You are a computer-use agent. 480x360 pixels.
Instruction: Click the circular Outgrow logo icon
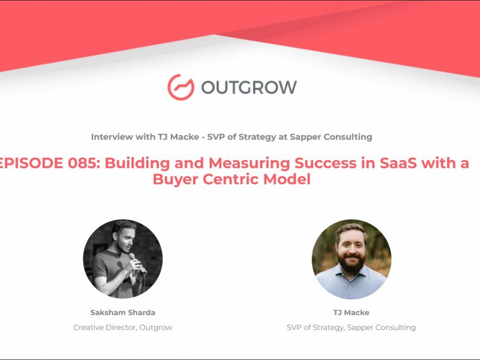coord(181,87)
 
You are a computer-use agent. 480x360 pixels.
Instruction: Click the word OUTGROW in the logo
coord(249,87)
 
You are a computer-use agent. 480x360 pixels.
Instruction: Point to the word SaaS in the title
coord(398,163)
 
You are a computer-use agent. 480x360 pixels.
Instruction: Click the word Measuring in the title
coord(249,164)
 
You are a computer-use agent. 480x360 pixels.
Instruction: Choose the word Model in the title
coord(287,179)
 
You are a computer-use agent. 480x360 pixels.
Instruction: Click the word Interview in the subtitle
coord(112,137)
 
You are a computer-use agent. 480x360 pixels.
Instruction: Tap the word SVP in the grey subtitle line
coord(216,137)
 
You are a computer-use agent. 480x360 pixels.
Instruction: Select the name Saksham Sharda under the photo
coord(123,313)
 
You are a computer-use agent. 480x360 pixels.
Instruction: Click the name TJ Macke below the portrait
coord(351,313)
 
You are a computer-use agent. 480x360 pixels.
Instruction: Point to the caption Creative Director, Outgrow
coord(123,327)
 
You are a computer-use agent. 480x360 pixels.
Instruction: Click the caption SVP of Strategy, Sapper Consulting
coord(351,327)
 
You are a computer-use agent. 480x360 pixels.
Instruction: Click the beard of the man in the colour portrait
coord(351,262)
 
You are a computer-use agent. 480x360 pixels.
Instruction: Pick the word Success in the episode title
coord(325,163)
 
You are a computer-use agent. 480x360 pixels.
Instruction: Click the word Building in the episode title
coord(137,164)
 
